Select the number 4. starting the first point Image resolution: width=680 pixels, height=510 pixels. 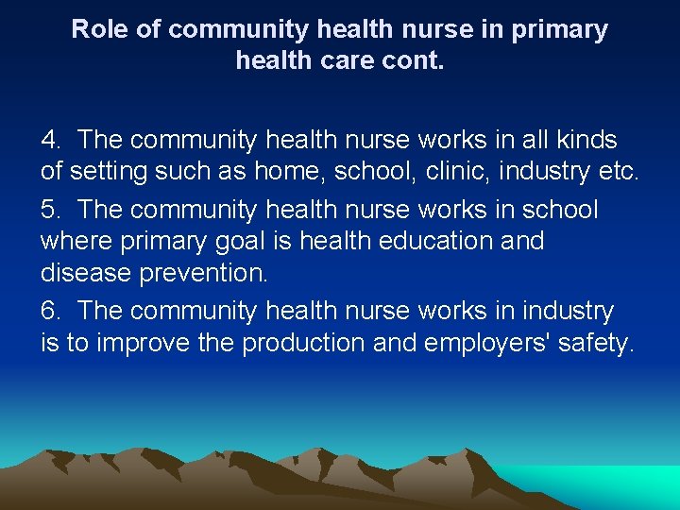[x=51, y=141]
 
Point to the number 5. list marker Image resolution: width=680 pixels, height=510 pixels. [x=51, y=209]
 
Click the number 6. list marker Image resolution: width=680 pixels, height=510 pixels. [x=51, y=311]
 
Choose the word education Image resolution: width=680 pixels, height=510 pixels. [x=434, y=242]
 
